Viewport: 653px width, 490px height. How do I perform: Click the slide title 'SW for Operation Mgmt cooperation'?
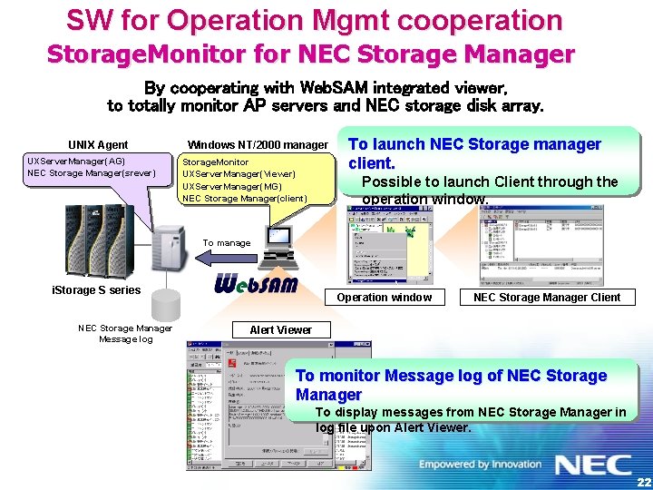(314, 20)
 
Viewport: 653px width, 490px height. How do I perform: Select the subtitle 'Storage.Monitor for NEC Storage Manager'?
(310, 54)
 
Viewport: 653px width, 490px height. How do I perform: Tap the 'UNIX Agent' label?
(98, 144)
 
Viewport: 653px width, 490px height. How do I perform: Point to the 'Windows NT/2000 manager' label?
(258, 144)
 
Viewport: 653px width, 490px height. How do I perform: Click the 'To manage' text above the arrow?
(227, 242)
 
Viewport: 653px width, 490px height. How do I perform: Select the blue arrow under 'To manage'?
(226, 258)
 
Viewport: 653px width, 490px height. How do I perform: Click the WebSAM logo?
(256, 284)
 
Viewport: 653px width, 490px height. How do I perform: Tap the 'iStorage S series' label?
(96, 290)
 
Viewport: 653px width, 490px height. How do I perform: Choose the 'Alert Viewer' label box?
(280, 330)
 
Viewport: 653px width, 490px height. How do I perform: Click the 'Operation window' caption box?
(385, 297)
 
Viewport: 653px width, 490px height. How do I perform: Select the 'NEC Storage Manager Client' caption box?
(547, 297)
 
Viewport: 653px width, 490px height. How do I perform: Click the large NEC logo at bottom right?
(593, 465)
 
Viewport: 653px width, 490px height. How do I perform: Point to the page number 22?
(642, 481)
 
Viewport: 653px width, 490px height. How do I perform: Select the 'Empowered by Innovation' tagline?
(479, 465)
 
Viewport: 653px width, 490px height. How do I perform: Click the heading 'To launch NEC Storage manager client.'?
(474, 153)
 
